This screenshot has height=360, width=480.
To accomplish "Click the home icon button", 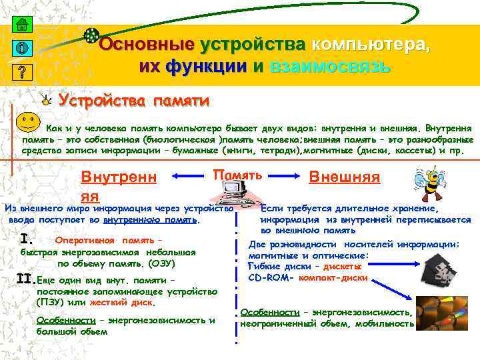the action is point(21,25).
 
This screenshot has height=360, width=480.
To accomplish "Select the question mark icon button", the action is point(21,71).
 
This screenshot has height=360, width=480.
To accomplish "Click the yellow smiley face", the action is point(26,123).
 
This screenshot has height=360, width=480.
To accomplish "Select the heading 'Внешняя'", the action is point(345,177).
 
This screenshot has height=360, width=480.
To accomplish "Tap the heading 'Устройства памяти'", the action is point(133,101).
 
